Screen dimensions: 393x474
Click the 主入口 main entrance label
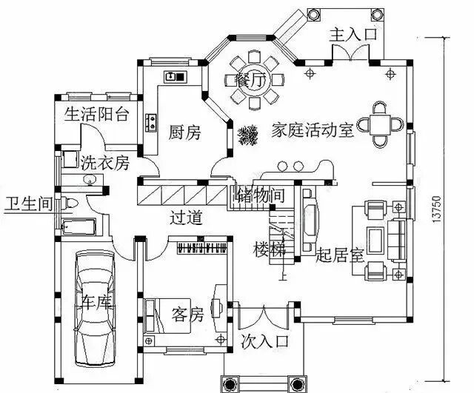pyautogui.click(x=354, y=34)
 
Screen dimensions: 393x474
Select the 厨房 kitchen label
pyautogui.click(x=184, y=132)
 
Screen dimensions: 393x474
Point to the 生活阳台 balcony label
pyautogui.click(x=97, y=114)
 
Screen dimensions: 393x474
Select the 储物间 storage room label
pyautogui.click(x=259, y=195)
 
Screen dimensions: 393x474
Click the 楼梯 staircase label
pyautogui.click(x=268, y=248)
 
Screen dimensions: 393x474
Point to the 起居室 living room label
pyautogui.click(x=338, y=257)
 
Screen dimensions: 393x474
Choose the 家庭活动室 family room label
pyautogui.click(x=312, y=131)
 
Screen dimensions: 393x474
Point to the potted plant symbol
pyautogui.click(x=247, y=134)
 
